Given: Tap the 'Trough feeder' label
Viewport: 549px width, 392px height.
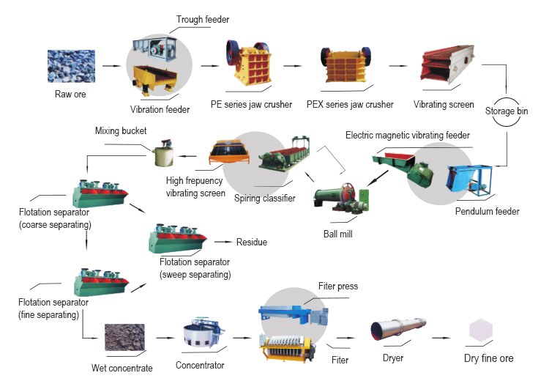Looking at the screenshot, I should [x=202, y=19].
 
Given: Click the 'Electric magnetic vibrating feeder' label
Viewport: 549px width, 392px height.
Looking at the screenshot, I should [x=408, y=136].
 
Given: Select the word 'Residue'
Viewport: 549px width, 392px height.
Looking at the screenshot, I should [x=251, y=242].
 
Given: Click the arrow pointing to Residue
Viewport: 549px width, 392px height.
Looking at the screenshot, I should [x=221, y=241].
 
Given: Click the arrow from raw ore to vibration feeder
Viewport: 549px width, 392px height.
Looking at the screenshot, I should [x=112, y=66].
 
